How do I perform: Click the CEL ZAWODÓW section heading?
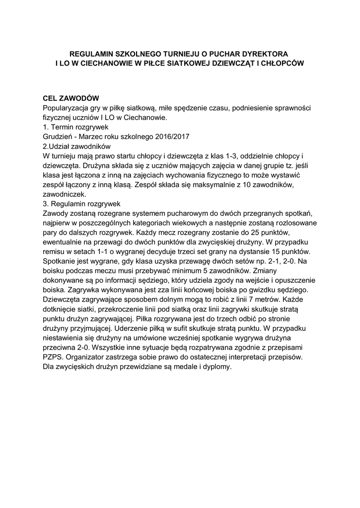point(72,98)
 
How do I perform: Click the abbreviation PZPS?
point(53,356)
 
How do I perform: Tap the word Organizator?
point(94,356)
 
